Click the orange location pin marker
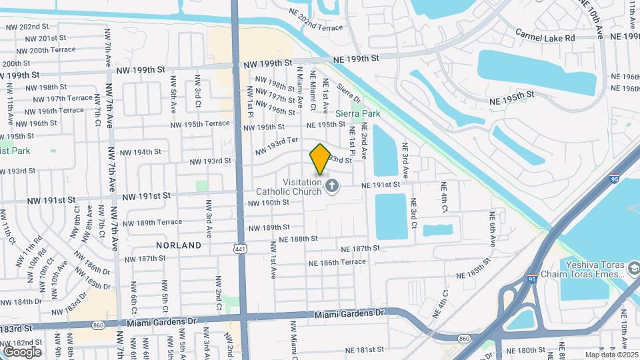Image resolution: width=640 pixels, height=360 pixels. click(320, 159)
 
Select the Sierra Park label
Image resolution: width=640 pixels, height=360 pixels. click(357, 113)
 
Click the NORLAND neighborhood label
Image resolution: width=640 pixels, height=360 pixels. click(179, 245)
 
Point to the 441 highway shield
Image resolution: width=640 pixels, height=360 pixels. click(239, 248)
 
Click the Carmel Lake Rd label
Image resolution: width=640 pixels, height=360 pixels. click(545, 35)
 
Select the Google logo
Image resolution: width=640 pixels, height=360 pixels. click(22, 351)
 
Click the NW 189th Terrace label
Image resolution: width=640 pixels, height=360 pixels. click(152, 222)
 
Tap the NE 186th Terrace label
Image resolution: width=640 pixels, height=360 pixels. click(337, 263)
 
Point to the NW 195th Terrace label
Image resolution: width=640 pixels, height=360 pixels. click(199, 124)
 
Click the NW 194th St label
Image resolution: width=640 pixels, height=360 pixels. click(138, 152)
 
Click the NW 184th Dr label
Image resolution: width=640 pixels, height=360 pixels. click(21, 302)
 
